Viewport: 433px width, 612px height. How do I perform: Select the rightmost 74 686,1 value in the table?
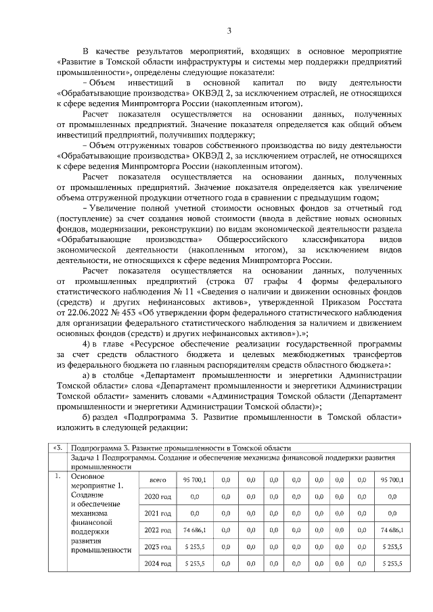(x=389, y=529)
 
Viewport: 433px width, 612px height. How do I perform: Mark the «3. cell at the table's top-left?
(x=59, y=448)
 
